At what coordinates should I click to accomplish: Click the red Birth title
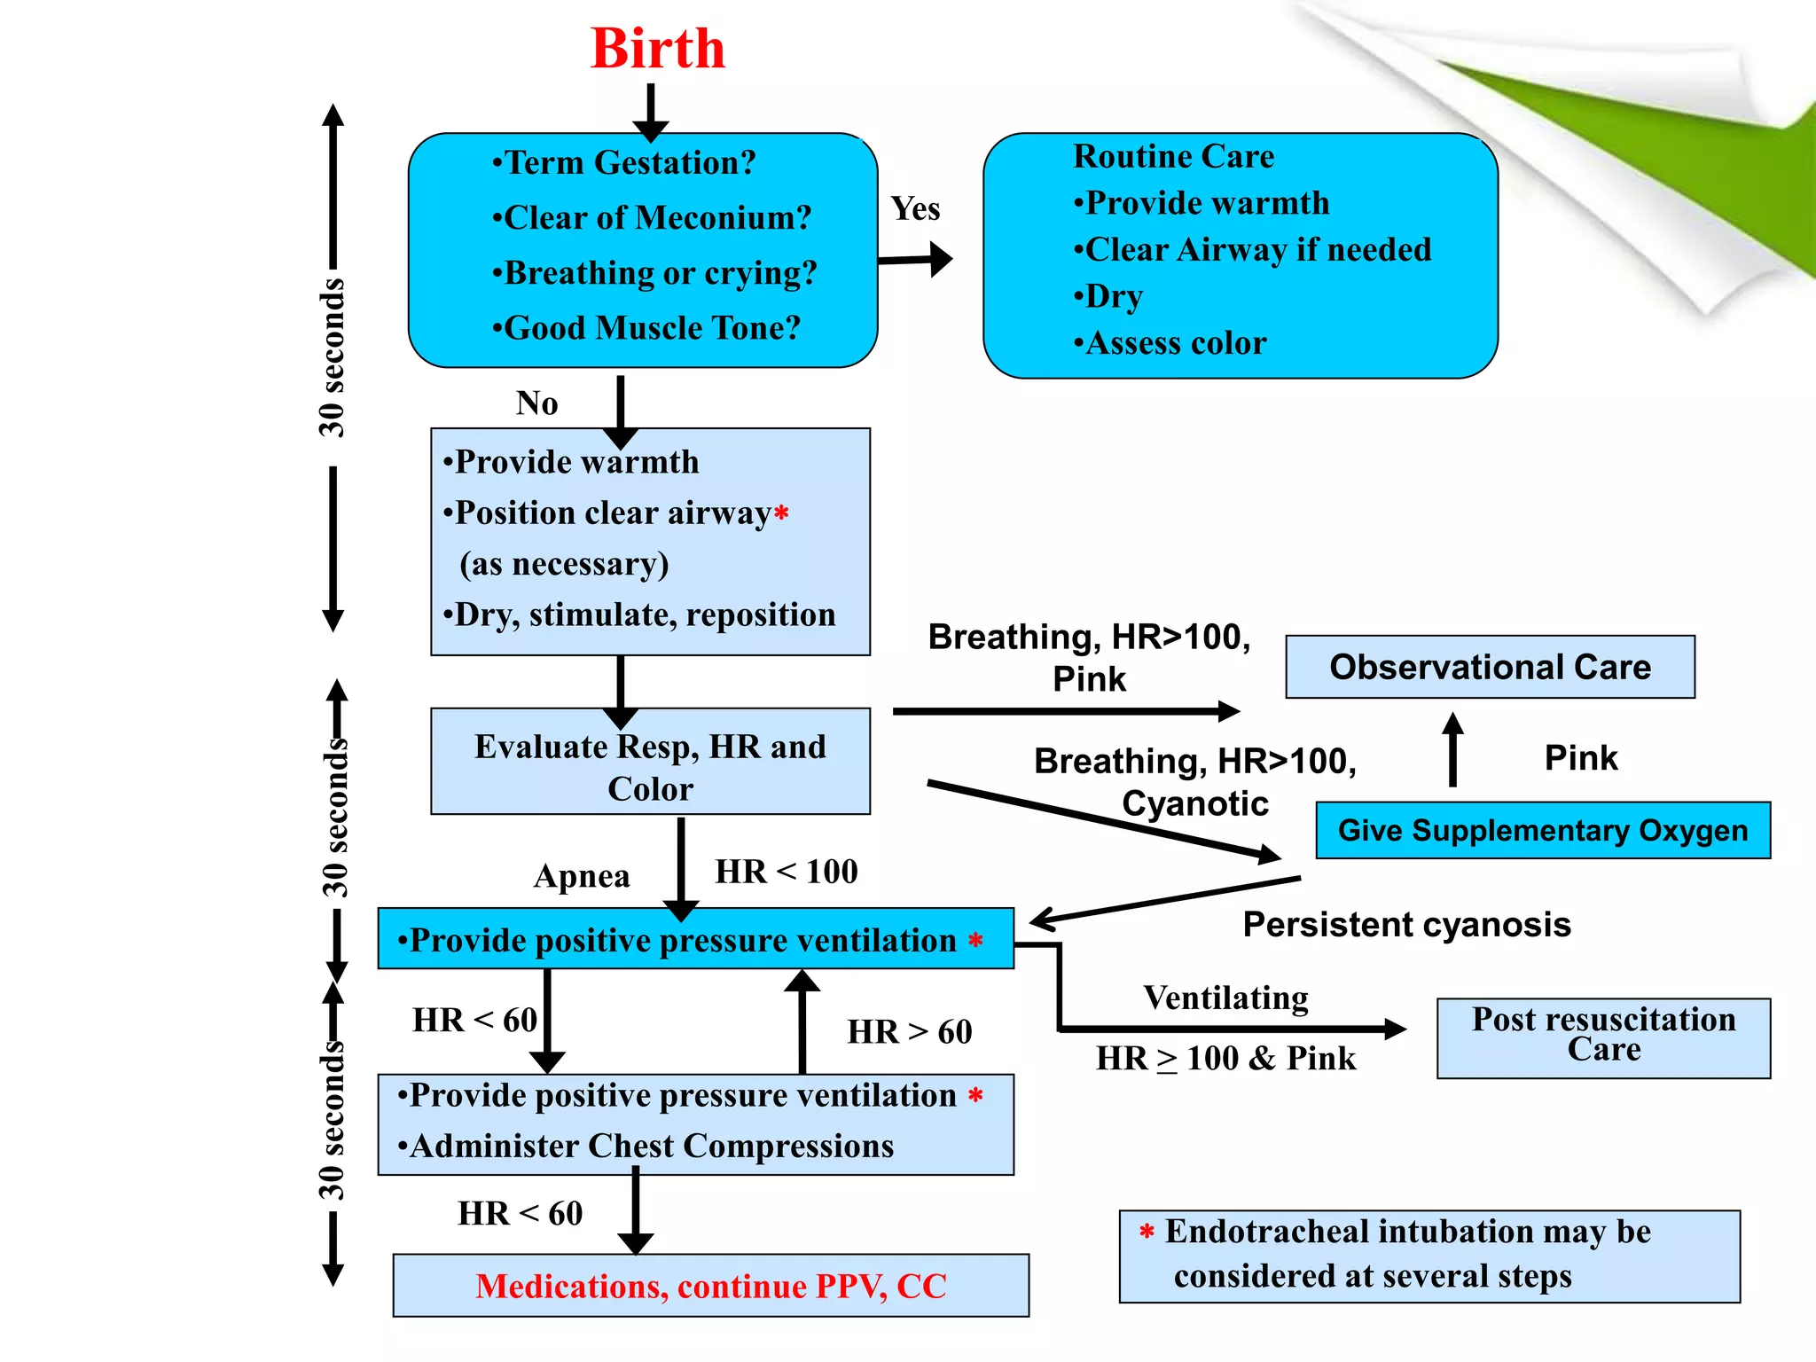(657, 49)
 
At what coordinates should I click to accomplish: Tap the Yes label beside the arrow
(915, 209)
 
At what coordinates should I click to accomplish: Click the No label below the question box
(536, 403)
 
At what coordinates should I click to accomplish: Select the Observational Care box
(1490, 667)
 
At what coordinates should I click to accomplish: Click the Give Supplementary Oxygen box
(1542, 830)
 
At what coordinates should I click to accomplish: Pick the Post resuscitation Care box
(1603, 1037)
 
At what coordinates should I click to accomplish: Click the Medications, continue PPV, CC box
(710, 1286)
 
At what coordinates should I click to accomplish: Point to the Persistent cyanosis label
(1406, 925)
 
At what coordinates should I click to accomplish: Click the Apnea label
(582, 876)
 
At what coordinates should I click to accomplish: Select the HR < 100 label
(787, 872)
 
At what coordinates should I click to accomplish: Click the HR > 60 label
(910, 1032)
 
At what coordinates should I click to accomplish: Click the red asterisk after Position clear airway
(781, 513)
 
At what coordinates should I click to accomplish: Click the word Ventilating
(1225, 998)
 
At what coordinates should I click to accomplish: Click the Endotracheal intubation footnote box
(1429, 1256)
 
